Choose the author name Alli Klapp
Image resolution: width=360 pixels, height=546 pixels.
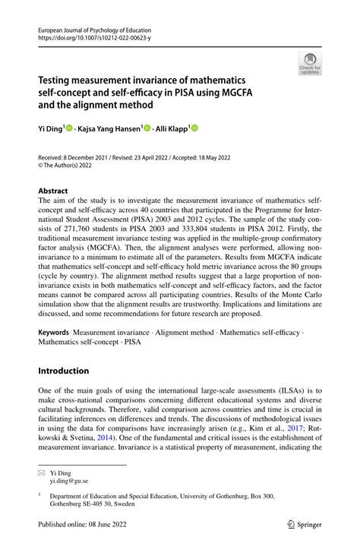pyautogui.click(x=173, y=129)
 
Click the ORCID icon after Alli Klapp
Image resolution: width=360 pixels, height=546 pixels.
pyautogui.click(x=194, y=129)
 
